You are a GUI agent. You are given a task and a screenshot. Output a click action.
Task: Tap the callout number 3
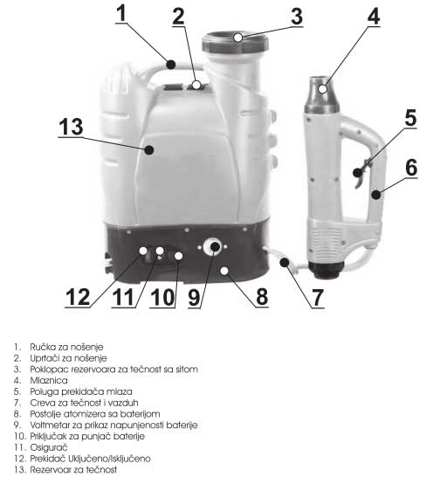tap(296, 17)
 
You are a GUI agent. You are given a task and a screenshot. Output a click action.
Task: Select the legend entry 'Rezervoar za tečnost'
tap(69, 469)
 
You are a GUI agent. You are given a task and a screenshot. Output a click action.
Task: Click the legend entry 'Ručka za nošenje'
tap(62, 347)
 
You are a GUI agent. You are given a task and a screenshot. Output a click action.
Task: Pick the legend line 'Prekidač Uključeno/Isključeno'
tap(87, 458)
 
